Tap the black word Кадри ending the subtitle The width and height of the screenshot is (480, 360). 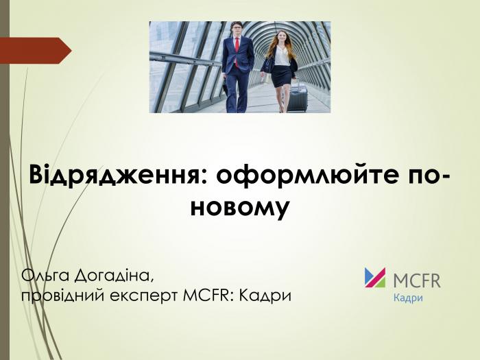[x=266, y=296]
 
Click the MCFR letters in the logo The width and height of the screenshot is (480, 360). [x=417, y=280]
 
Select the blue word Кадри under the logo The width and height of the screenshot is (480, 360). [x=407, y=298]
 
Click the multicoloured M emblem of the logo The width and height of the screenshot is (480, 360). [x=374, y=277]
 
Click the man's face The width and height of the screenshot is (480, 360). [x=237, y=30]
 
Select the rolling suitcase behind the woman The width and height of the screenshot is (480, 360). [x=298, y=96]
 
